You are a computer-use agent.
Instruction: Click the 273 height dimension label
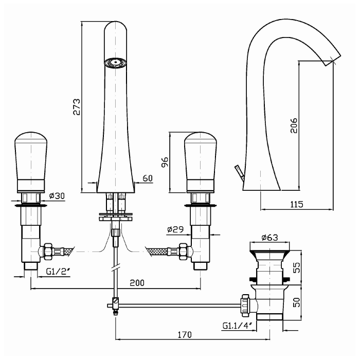tap(77, 107)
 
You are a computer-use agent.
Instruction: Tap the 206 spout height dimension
tap(294, 125)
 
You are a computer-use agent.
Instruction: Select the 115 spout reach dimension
tap(297, 204)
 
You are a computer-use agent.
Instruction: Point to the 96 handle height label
tap(165, 163)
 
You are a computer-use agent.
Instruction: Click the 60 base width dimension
tap(148, 178)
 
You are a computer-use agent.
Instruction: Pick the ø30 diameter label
tap(57, 196)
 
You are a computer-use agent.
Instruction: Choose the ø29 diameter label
tap(175, 229)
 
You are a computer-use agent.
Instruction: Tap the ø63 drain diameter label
tap(269, 237)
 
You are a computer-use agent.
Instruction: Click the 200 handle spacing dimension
tap(137, 283)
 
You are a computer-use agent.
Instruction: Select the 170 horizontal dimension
tap(185, 335)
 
